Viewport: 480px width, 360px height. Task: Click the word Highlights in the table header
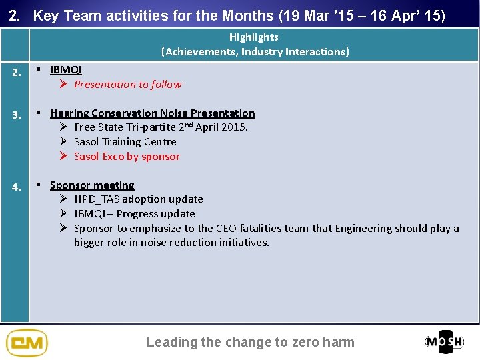[x=253, y=37]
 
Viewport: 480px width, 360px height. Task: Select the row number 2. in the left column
[x=16, y=73]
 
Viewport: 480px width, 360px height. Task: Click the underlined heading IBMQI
[x=65, y=70]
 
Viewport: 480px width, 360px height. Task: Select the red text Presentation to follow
[x=127, y=84]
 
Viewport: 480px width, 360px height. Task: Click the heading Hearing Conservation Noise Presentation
[x=152, y=113]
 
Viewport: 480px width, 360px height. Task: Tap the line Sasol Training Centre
[x=125, y=141]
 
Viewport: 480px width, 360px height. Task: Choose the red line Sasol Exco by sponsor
[x=127, y=156]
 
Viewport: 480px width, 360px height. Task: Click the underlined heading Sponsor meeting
[x=92, y=185]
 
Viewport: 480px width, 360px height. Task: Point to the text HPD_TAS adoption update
[x=138, y=199]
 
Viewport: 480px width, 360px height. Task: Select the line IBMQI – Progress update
[x=134, y=213]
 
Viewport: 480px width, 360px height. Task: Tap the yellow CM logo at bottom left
[x=27, y=343]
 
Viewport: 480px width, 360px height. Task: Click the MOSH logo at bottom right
[x=445, y=342]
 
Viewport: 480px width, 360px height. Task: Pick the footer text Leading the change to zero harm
[x=250, y=342]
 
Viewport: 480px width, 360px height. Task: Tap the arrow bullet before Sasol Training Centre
[x=63, y=141]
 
